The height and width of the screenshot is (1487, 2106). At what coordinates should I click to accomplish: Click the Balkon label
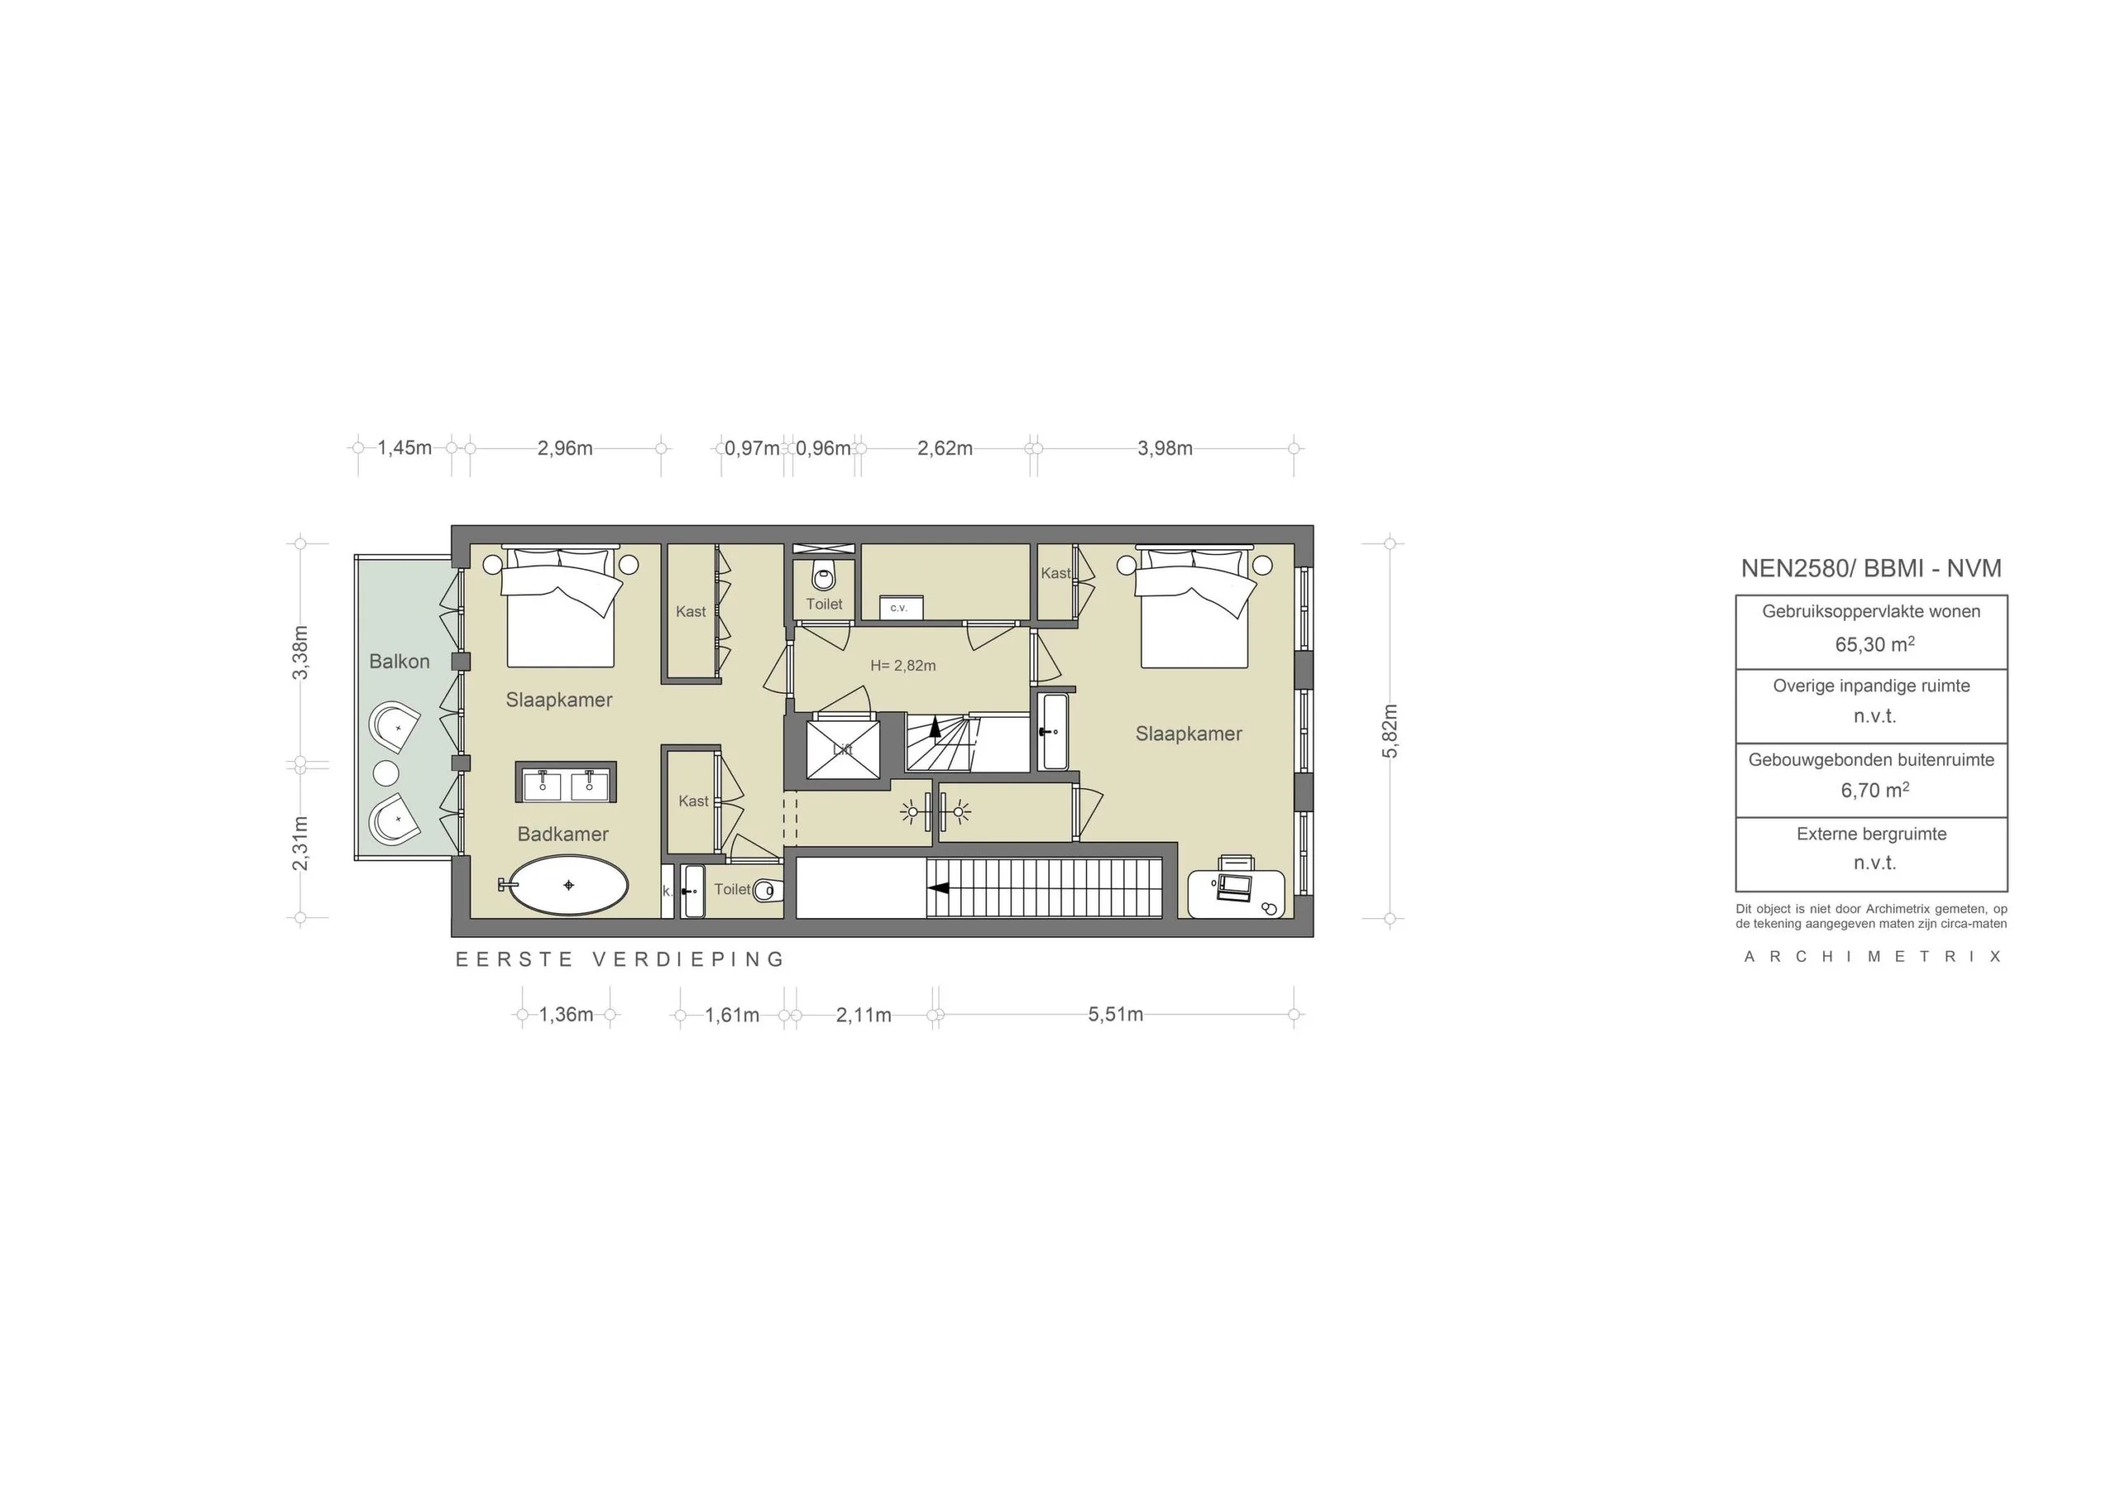[x=399, y=661]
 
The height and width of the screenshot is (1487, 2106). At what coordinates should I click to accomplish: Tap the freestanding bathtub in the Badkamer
[x=568, y=885]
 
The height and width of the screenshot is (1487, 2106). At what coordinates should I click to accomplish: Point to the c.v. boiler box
[x=901, y=607]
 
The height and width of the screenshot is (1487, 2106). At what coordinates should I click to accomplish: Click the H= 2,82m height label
[x=902, y=666]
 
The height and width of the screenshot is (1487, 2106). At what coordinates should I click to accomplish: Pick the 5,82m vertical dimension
[x=1389, y=731]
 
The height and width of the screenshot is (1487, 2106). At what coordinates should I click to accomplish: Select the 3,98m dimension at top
[x=1165, y=448]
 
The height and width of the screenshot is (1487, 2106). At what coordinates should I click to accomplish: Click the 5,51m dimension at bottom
[x=1116, y=1015]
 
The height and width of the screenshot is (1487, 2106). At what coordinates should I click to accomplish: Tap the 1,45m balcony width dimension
[x=405, y=448]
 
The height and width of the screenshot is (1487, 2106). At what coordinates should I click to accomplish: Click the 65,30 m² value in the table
[x=1874, y=644]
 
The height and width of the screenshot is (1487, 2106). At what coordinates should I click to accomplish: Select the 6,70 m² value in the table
[x=1874, y=790]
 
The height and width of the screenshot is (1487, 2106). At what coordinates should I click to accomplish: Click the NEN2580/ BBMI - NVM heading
[x=1872, y=568]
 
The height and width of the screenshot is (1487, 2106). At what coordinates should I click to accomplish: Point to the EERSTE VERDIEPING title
[x=621, y=960]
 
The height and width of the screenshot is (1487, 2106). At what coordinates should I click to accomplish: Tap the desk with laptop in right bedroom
[x=1236, y=891]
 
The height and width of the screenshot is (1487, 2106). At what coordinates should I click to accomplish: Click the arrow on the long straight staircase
[x=938, y=888]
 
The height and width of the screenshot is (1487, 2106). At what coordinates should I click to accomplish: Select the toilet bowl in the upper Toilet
[x=823, y=578]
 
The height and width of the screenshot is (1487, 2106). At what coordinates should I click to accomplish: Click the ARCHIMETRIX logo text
[x=1872, y=957]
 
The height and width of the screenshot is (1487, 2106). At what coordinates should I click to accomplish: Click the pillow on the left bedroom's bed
[x=532, y=560]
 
